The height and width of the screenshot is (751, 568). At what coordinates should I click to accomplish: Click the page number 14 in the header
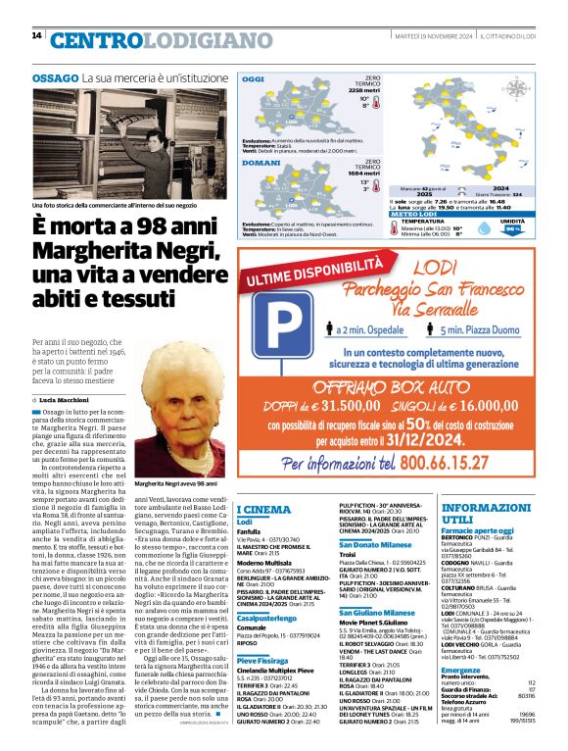(x=36, y=36)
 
